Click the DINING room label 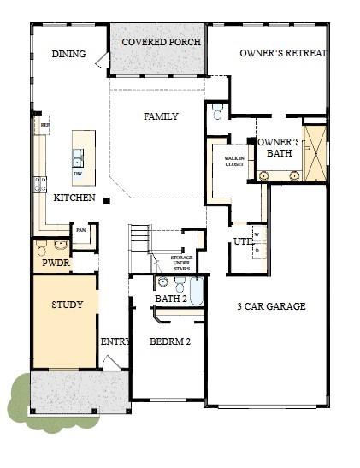click(x=68, y=54)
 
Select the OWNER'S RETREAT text click(x=282, y=53)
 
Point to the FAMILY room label click(x=161, y=116)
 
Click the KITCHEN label click(x=74, y=198)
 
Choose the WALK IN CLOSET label click(x=234, y=161)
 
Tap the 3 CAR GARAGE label click(x=271, y=306)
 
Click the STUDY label click(x=66, y=305)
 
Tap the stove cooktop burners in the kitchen click(x=39, y=182)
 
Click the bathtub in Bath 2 click(x=196, y=292)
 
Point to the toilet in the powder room click(x=42, y=249)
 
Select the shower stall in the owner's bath click(x=316, y=154)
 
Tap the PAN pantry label click(x=81, y=229)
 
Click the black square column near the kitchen click(x=107, y=201)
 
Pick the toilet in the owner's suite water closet click(x=217, y=112)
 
